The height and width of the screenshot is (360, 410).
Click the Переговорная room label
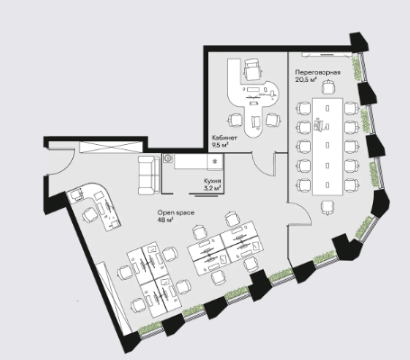[318, 73]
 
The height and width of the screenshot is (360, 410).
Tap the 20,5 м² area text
[306, 79]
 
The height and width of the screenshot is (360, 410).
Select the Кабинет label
[224, 138]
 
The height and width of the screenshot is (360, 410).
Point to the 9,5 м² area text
[221, 145]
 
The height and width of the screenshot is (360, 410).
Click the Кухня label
[213, 181]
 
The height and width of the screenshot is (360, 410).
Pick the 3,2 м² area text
[213, 188]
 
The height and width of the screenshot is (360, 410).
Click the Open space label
[176, 212]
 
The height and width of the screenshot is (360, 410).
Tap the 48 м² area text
[166, 220]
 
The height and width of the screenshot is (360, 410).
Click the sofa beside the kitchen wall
[149, 175]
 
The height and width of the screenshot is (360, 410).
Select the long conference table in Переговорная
[327, 147]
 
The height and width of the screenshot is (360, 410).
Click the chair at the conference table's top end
[328, 87]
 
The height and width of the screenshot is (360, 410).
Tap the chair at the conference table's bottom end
[327, 208]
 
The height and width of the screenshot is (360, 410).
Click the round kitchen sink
[168, 158]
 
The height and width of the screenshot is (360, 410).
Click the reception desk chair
[90, 215]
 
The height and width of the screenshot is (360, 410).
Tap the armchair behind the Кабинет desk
[252, 69]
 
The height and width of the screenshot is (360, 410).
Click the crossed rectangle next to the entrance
[110, 147]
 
